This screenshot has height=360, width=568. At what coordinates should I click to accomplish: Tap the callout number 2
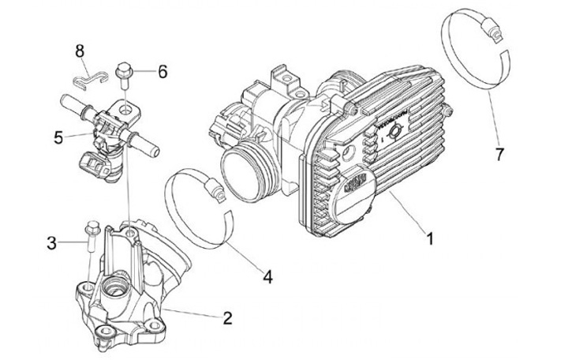(x=227, y=319)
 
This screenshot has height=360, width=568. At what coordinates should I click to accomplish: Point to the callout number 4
(x=267, y=277)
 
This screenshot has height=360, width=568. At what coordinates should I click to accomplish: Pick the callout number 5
(x=59, y=137)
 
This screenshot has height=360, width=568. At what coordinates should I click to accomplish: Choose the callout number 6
(x=163, y=72)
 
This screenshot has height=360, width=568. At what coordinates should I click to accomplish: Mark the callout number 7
(x=499, y=154)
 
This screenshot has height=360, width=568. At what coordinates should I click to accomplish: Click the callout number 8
(x=80, y=51)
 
